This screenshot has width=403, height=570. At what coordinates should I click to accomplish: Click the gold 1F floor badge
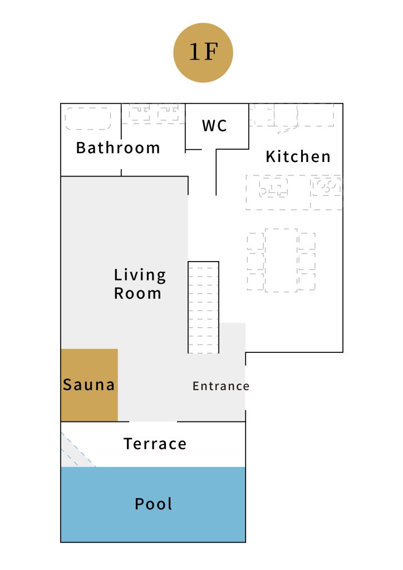tap(203, 53)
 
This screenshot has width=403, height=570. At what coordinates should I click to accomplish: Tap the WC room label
tap(214, 126)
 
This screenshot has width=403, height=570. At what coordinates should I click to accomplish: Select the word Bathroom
tap(118, 148)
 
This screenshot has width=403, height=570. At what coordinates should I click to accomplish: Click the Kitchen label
tap(298, 156)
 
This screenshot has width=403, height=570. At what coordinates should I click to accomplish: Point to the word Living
tap(140, 275)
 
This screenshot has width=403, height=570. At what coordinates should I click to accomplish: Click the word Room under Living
tap(137, 293)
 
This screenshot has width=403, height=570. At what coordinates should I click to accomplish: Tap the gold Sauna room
tap(90, 385)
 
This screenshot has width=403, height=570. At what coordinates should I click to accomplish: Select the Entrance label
tap(221, 386)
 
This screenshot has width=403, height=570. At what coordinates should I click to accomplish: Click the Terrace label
tap(155, 444)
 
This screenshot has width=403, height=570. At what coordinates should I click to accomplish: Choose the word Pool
tap(153, 504)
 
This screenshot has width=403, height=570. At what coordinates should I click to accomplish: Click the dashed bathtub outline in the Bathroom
tap(87, 118)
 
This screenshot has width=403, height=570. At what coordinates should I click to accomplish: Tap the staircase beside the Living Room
tap(204, 307)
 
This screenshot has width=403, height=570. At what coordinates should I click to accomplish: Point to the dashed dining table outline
tap(281, 261)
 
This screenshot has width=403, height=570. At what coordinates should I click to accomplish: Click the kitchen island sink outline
tap(273, 187)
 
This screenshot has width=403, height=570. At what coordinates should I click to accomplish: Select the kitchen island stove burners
tap(326, 185)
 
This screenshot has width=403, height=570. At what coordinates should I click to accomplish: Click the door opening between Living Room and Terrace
tap(153, 422)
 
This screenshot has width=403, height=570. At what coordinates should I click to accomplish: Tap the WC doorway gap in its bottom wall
tap(209, 149)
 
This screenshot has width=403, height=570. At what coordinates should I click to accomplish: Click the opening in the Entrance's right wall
tap(245, 387)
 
